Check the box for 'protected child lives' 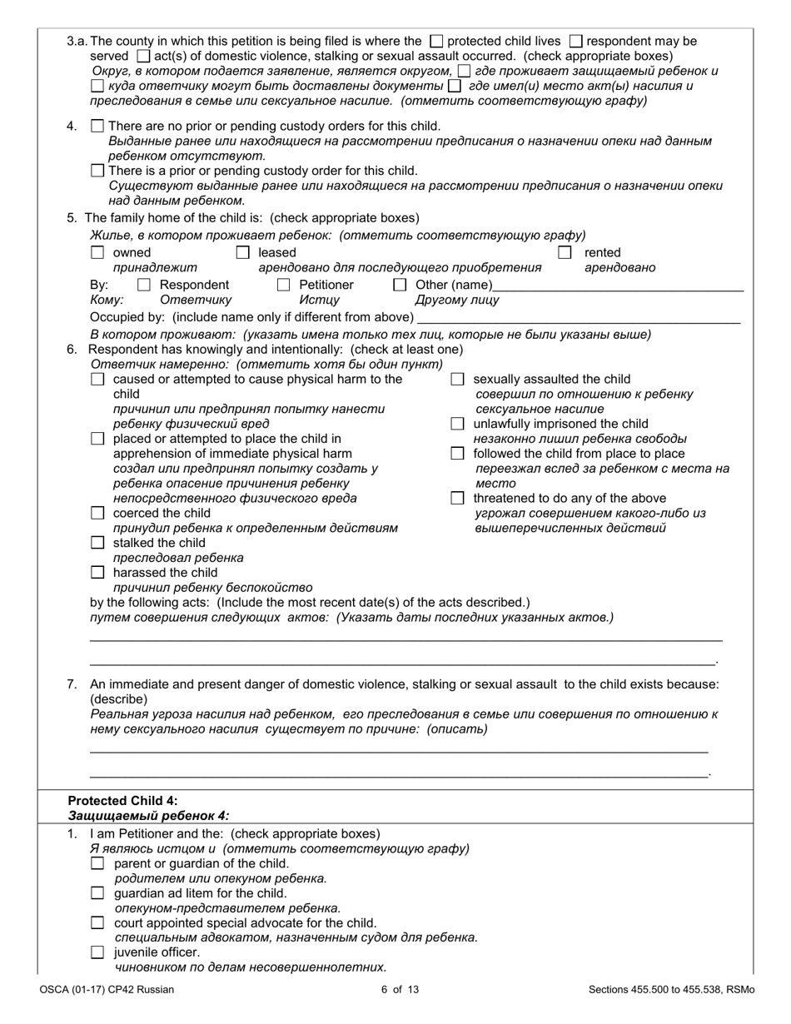[436, 41]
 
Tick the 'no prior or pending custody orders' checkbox [97, 127]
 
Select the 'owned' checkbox [97, 252]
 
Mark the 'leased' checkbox [242, 252]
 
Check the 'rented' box [565, 252]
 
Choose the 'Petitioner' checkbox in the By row [283, 286]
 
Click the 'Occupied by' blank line [578, 320]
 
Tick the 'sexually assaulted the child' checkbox [457, 380]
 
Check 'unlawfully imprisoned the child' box [457, 424]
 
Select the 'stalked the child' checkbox [97, 543]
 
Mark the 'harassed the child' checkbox [97, 573]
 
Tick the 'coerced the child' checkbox [97, 513]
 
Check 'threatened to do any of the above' [457, 498]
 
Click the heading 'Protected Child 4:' [122, 801]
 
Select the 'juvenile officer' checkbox [97, 952]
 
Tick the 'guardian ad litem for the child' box [97, 893]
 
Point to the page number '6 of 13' [395, 990]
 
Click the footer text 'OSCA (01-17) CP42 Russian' [107, 990]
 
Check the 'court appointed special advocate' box [97, 923]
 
